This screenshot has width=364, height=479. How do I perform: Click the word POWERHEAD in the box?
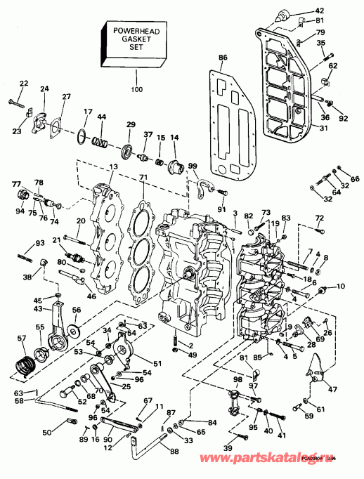click(x=134, y=31)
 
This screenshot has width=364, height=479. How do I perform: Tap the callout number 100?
click(x=136, y=89)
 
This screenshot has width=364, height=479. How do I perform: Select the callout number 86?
click(x=223, y=57)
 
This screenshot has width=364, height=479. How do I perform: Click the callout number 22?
click(x=23, y=84)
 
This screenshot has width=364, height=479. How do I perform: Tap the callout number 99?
click(x=193, y=166)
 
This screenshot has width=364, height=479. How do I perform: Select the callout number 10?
click(x=342, y=287)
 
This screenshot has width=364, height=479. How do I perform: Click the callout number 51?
click(x=157, y=363)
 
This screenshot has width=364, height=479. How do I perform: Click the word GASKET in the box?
click(x=134, y=41)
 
